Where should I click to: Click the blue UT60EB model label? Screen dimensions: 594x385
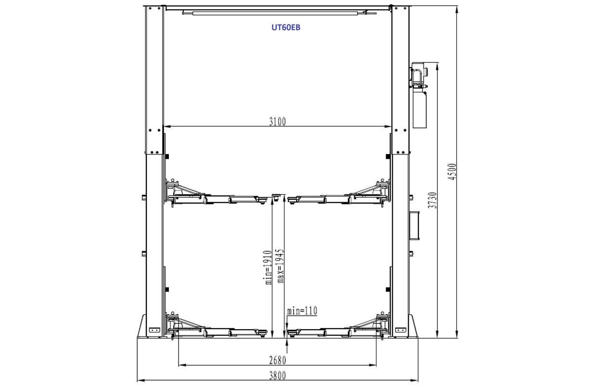[286, 27]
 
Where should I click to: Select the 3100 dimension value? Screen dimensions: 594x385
[278, 122]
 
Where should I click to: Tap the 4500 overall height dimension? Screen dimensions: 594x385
[452, 172]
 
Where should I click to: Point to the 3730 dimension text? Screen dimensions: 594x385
[433, 200]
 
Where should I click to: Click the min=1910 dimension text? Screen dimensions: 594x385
[269, 267]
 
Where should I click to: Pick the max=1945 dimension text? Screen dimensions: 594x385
[280, 266]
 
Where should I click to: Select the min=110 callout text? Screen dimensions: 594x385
[302, 311]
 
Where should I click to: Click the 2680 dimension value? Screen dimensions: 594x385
[278, 360]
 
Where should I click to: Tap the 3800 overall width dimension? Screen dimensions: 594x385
[278, 376]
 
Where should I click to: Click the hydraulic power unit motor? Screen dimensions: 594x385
[419, 75]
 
